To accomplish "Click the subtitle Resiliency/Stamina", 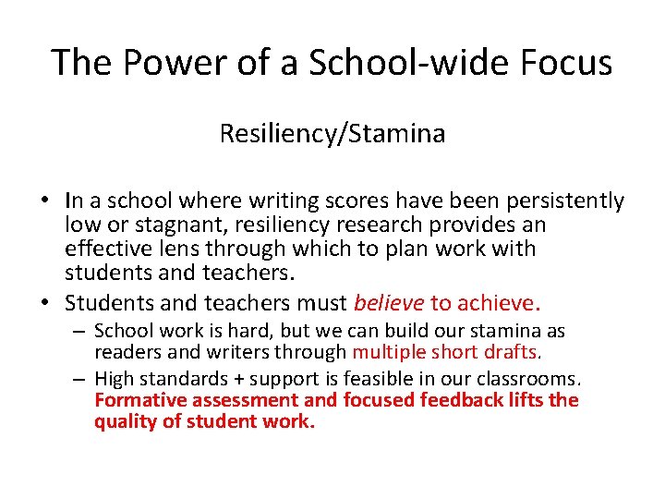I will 332,134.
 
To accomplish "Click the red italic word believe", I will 388,303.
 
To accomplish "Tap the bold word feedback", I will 463,400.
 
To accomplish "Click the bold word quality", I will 125,421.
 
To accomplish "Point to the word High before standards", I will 115,379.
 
